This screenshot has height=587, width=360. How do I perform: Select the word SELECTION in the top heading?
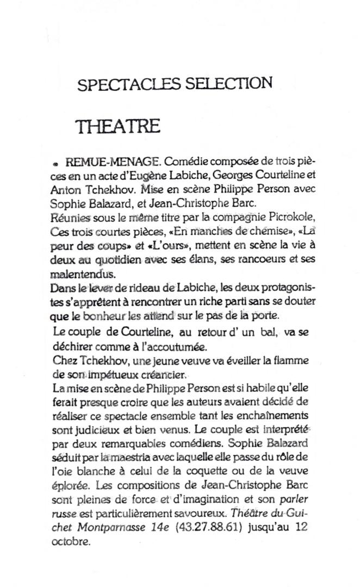coord(228,84)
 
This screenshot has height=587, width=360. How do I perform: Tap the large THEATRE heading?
coord(119,126)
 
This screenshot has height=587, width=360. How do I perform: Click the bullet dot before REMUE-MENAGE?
coord(55,163)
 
